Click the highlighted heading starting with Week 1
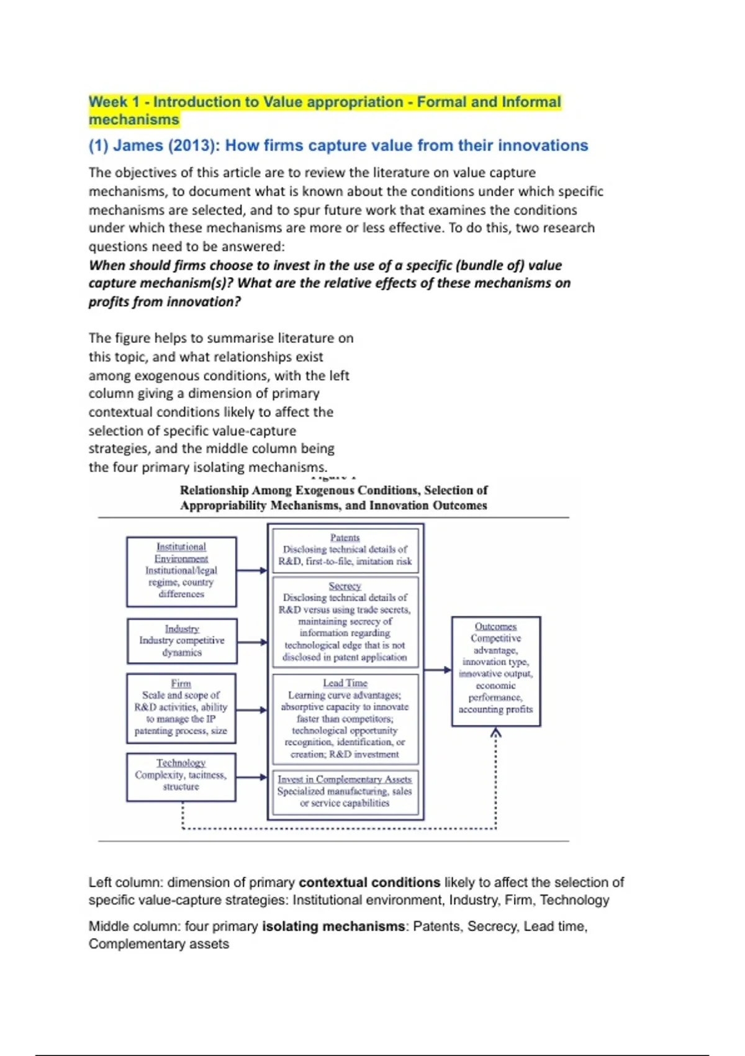coord(324,110)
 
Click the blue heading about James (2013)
coord(338,145)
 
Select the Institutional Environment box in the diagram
coord(181,571)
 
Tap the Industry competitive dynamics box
coord(182,641)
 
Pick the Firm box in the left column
coord(181,708)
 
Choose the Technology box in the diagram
coord(181,777)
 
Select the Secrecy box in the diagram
coord(345,622)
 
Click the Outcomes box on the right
coord(495,671)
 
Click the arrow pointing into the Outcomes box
coord(438,670)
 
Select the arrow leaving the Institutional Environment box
coord(252,570)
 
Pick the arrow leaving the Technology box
coord(252,777)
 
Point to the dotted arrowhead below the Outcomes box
coord(495,733)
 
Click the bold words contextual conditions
coord(369,882)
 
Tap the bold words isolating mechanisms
coord(333,926)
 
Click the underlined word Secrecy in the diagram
coord(345,586)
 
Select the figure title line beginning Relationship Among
coord(333,490)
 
